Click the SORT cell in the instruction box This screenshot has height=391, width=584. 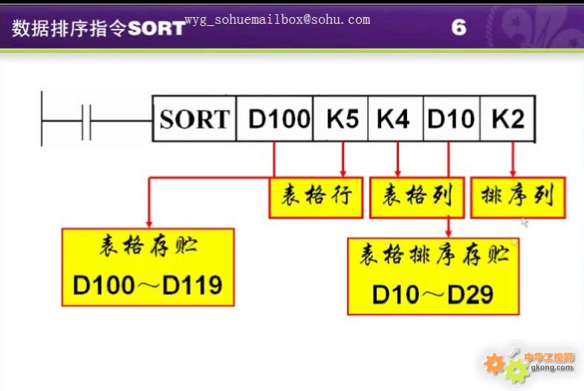click(x=194, y=118)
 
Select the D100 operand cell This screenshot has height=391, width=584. click(x=275, y=118)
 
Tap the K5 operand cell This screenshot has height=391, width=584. click(x=341, y=118)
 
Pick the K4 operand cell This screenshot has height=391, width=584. click(x=395, y=118)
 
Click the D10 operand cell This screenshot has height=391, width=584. click(x=452, y=118)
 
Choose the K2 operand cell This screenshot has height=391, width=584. click(x=508, y=118)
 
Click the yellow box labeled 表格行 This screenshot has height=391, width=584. click(x=316, y=198)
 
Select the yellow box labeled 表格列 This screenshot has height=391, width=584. click(x=417, y=198)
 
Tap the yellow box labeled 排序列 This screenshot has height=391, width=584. click(x=518, y=198)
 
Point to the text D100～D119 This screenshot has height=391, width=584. click(x=148, y=285)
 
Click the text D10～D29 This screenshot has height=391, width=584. click(x=432, y=294)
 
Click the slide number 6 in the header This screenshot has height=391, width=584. click(x=459, y=28)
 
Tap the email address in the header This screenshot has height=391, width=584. click(x=277, y=19)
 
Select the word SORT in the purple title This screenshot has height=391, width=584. click(x=156, y=28)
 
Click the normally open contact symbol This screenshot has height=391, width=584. click(x=86, y=121)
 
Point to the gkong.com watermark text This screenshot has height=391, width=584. click(x=551, y=367)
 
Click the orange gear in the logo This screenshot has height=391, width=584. click(x=494, y=363)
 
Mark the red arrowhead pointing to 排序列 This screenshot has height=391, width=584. click(x=513, y=173)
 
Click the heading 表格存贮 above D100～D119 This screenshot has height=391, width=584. click(x=149, y=246)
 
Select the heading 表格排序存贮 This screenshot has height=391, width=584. click(x=434, y=255)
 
